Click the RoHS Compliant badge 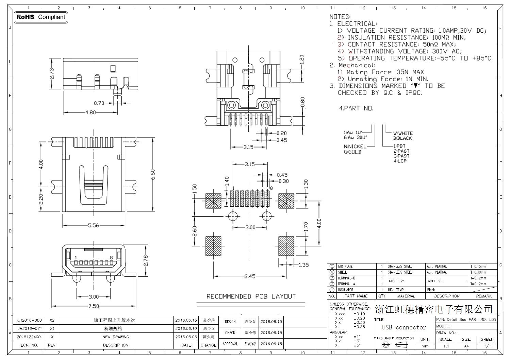click(41, 17)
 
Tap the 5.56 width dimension click(94, 225)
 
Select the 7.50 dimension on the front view click(94, 306)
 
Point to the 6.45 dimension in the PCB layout click(250, 276)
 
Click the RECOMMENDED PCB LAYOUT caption click(251, 296)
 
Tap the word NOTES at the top click(340, 17)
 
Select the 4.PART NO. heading click(356, 108)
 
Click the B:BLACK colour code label click(402, 138)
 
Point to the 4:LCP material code click(400, 161)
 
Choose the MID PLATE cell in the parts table click(345, 267)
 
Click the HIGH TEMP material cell click(396, 290)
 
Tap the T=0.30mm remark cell click(478, 272)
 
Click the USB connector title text click(404, 327)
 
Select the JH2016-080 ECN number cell click(30, 320)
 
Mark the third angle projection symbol click(394, 345)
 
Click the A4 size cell click(466, 346)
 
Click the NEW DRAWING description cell click(116, 337)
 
